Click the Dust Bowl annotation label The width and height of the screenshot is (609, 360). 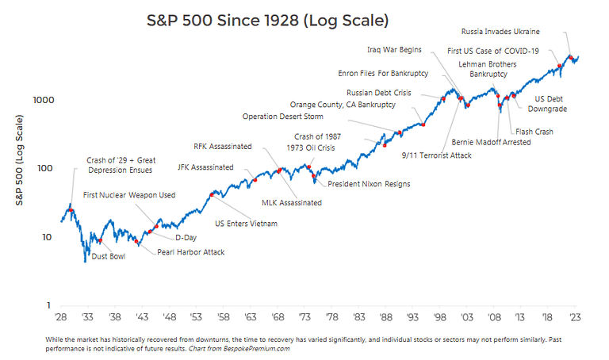point(109,257)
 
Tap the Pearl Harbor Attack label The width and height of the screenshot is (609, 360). point(190,252)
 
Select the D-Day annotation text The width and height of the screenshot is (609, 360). point(186,237)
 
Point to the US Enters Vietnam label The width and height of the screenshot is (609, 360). point(247,224)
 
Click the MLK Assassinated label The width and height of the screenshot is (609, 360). point(292,203)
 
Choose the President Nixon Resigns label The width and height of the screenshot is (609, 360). point(369,184)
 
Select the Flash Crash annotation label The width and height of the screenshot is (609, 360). point(534,132)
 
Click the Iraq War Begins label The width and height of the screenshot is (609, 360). point(394,49)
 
